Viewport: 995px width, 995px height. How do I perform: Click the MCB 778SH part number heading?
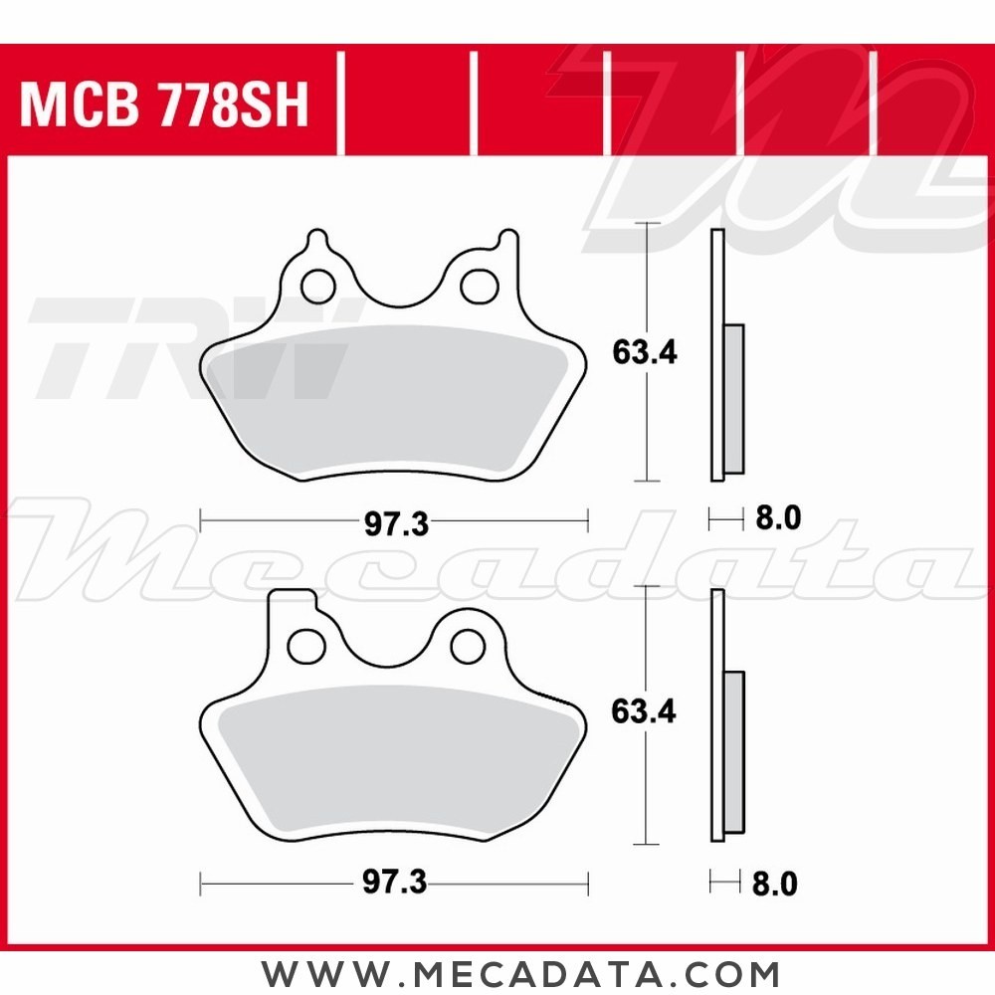pyautogui.click(x=165, y=103)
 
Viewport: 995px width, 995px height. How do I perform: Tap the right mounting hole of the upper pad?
pyautogui.click(x=479, y=286)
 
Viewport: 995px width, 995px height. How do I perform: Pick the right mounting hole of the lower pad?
pyautogui.click(x=467, y=646)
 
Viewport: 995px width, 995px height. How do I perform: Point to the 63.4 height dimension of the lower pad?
pyautogui.click(x=644, y=711)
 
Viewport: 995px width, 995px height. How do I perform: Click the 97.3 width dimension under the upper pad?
pyautogui.click(x=395, y=524)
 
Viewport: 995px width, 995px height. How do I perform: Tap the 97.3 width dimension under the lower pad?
pyautogui.click(x=395, y=884)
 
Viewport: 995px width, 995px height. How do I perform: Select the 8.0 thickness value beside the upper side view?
pyautogui.click(x=778, y=519)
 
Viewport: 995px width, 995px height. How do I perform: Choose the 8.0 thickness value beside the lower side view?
pyautogui.click(x=777, y=884)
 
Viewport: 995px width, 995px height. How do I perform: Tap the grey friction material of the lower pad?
pyautogui.click(x=393, y=761)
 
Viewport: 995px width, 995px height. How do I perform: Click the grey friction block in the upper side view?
pyautogui.click(x=734, y=398)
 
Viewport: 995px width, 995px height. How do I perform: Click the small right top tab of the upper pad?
pyautogui.click(x=507, y=241)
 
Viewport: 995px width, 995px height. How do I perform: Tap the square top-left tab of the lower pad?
pyautogui.click(x=293, y=603)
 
